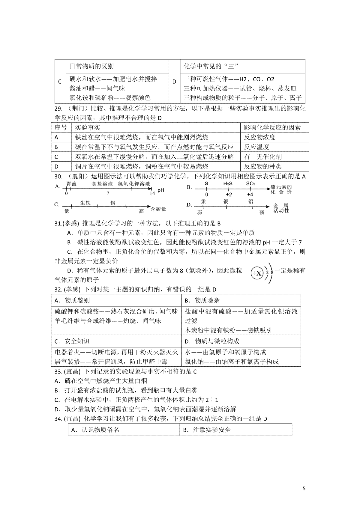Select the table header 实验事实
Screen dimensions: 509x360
(87, 128)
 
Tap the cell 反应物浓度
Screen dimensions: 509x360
(259, 137)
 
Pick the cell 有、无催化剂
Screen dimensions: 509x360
(262, 157)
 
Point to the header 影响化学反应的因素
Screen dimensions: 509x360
(272, 128)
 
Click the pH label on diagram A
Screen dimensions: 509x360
(161, 190)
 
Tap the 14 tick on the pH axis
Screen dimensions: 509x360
(152, 193)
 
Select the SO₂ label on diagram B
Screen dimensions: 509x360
(250, 184)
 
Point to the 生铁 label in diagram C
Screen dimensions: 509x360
(85, 203)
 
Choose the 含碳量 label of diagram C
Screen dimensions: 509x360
(158, 209)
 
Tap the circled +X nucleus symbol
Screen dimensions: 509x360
(257, 273)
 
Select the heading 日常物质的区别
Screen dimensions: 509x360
(91, 66)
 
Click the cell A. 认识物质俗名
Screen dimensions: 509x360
(95, 430)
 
